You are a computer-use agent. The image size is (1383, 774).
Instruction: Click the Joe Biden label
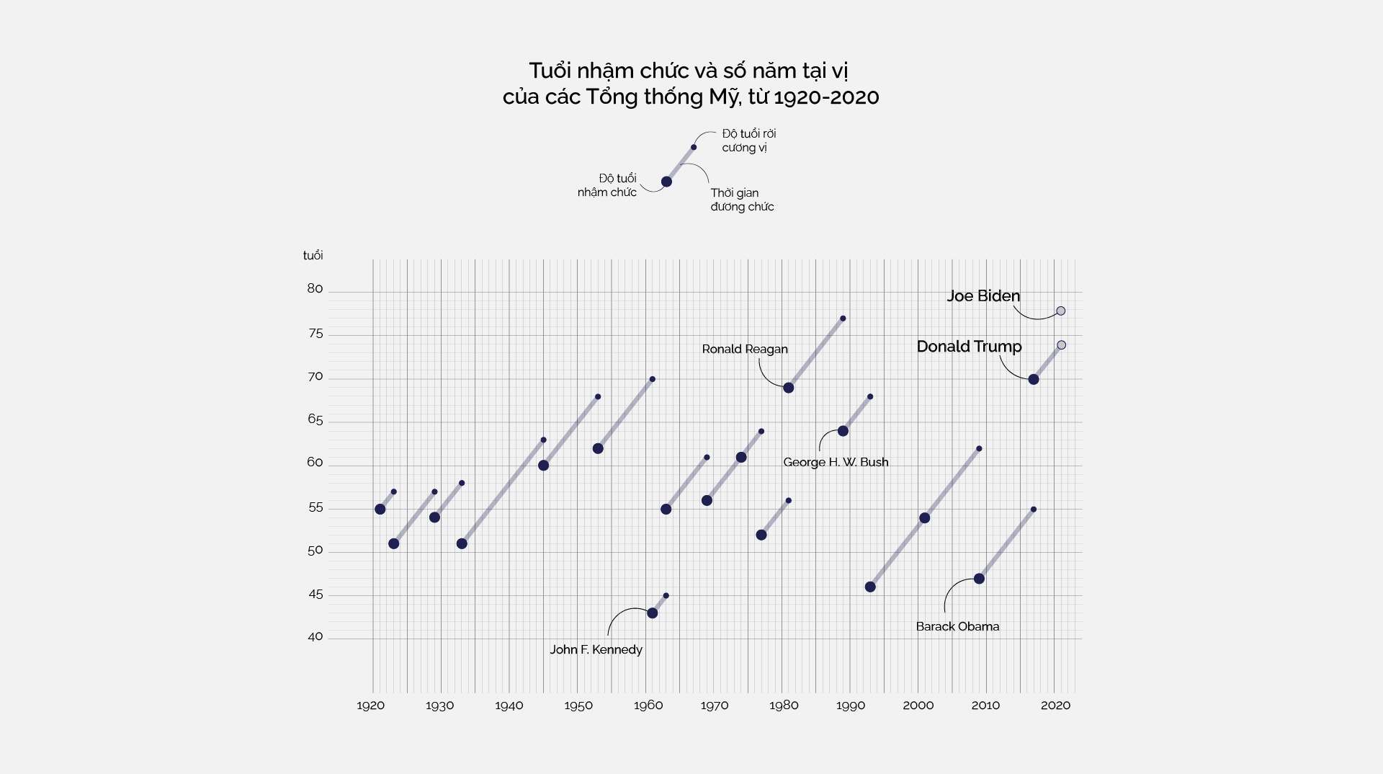983,296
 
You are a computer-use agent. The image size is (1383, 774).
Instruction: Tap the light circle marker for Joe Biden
1060,311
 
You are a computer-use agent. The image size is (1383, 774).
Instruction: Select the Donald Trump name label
969,347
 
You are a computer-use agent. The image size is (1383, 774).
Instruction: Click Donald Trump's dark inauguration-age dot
1033,380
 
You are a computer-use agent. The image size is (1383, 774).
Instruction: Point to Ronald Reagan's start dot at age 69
788,388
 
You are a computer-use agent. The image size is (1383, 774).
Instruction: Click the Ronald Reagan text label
744,350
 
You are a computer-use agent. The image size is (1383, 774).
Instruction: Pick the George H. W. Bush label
836,463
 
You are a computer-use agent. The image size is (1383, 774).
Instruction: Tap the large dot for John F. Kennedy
652,613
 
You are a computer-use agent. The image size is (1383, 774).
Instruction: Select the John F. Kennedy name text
596,650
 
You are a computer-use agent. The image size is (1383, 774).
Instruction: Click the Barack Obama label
957,627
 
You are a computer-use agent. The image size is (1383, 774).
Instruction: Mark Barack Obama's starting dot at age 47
979,579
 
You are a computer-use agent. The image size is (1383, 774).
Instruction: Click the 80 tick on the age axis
315,289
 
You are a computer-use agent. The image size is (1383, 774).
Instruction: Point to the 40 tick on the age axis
315,637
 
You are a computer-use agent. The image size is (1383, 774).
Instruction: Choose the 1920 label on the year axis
370,706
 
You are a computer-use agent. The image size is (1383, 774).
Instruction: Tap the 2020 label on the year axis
1055,706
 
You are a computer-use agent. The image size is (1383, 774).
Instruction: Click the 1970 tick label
714,706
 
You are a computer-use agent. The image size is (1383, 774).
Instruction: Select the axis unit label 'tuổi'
313,256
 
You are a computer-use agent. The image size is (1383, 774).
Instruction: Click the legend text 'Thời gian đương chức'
742,200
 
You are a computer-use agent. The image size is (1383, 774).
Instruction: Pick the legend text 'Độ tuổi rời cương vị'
748,141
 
